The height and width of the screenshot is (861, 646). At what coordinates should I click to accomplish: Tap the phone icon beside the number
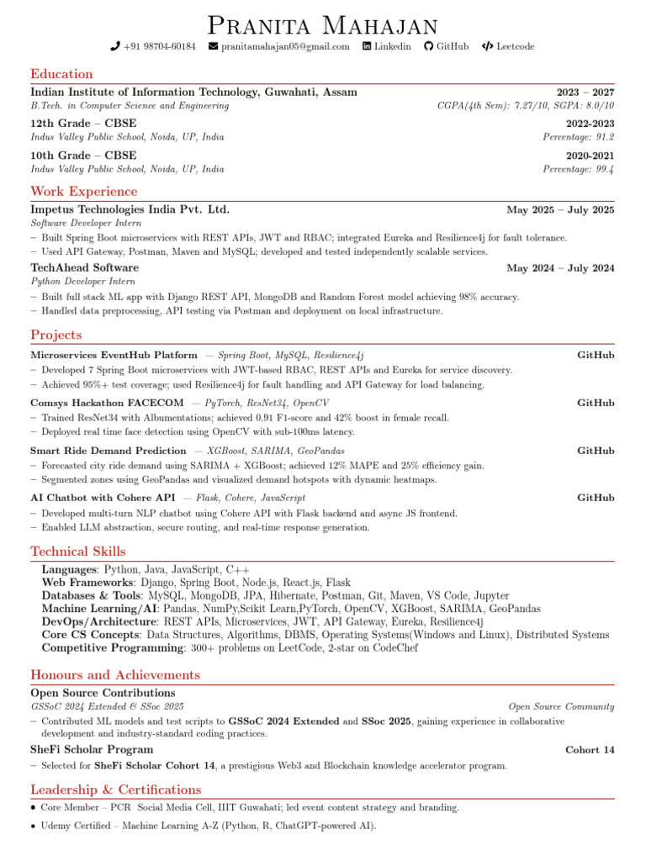115,46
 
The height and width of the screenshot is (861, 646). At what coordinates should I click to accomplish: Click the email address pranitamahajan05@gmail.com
284,46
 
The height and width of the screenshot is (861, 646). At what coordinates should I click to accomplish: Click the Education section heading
61,74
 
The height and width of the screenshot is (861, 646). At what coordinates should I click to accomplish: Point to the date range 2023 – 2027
585,92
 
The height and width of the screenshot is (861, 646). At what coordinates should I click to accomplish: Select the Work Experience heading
84,192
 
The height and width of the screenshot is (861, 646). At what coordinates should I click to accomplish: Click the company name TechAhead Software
85,267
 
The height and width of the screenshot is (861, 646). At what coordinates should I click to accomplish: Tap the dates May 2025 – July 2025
560,210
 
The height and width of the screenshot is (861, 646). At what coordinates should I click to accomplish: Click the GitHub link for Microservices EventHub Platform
596,356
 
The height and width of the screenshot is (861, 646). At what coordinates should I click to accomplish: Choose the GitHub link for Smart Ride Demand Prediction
596,451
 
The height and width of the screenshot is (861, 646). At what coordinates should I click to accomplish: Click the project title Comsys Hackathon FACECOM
107,403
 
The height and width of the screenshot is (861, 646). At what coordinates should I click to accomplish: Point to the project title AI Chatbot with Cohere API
103,498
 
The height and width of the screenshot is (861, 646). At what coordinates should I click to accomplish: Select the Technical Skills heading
78,552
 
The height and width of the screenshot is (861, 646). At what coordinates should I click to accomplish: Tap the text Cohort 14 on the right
590,750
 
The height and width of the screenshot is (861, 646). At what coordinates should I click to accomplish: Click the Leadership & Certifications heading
116,790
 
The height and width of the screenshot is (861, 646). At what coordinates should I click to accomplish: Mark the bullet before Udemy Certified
33,827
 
